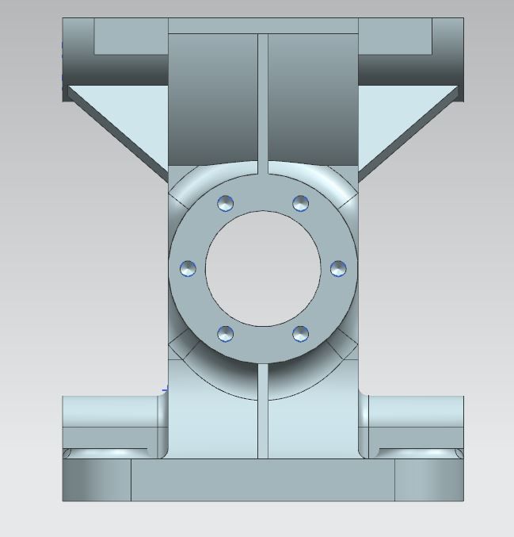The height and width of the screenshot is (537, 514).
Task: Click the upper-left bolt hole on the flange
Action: tap(226, 203)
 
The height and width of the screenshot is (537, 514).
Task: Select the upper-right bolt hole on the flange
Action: tap(300, 203)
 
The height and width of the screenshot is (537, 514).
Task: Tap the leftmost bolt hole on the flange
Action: tap(188, 268)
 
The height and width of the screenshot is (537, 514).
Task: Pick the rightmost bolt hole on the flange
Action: tap(337, 268)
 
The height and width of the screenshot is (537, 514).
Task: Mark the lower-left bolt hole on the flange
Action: tap(226, 333)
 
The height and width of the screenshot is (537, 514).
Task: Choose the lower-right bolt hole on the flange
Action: tap(300, 333)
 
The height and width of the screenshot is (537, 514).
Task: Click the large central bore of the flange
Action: tap(263, 268)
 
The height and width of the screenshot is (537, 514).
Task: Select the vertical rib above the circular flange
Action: tap(263, 95)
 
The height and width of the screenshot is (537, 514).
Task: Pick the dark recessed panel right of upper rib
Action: tap(313, 95)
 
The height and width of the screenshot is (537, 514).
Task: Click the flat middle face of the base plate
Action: tap(263, 481)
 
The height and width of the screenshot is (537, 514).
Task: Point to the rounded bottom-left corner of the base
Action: tap(95, 481)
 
